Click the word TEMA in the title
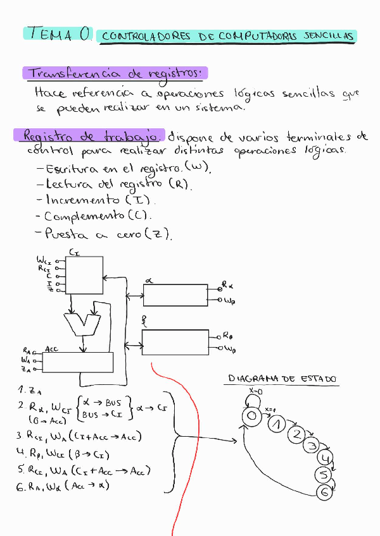click(50, 34)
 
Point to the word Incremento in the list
click(84, 200)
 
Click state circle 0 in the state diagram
click(251, 416)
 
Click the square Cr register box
click(85, 275)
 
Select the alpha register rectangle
click(176, 295)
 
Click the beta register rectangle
click(176, 342)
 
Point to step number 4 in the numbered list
click(21, 453)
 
